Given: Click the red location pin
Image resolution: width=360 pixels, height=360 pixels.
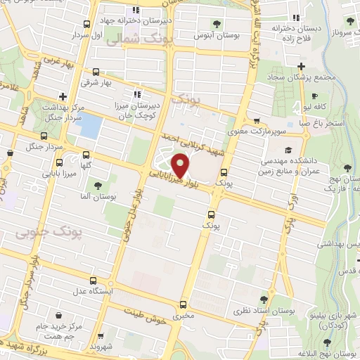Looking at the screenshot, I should pos(181,165).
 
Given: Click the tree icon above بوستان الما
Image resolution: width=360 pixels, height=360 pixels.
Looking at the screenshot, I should pos(96,187).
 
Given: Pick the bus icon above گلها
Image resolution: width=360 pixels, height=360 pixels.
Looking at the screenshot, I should pos(86,155).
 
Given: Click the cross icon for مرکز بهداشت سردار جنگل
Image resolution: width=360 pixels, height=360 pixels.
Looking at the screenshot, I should pos(63,96).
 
